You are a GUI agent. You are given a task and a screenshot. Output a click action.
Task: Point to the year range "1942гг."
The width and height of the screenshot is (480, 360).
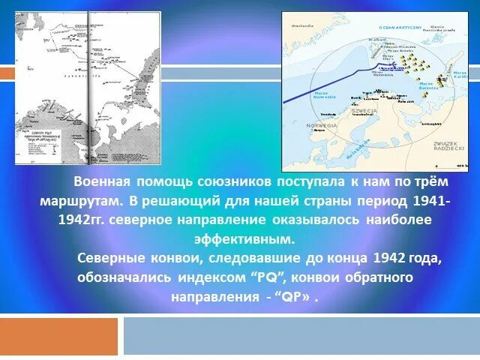click(83, 221)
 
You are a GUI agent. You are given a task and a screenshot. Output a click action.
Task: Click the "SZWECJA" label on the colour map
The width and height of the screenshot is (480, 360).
click(365, 110)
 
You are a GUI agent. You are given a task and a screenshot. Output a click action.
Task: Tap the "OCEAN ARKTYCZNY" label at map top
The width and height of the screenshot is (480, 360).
click(397, 26)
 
